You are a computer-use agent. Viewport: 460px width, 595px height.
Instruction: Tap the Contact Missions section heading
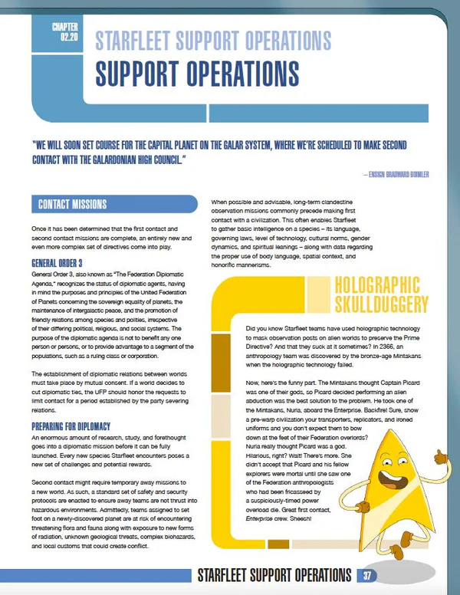coord(72,205)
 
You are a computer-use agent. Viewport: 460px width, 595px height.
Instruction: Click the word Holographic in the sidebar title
coord(379,284)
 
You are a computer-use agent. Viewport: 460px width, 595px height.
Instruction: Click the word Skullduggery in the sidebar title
coord(381,305)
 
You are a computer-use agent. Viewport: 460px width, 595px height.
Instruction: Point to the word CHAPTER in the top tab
coord(65,28)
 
